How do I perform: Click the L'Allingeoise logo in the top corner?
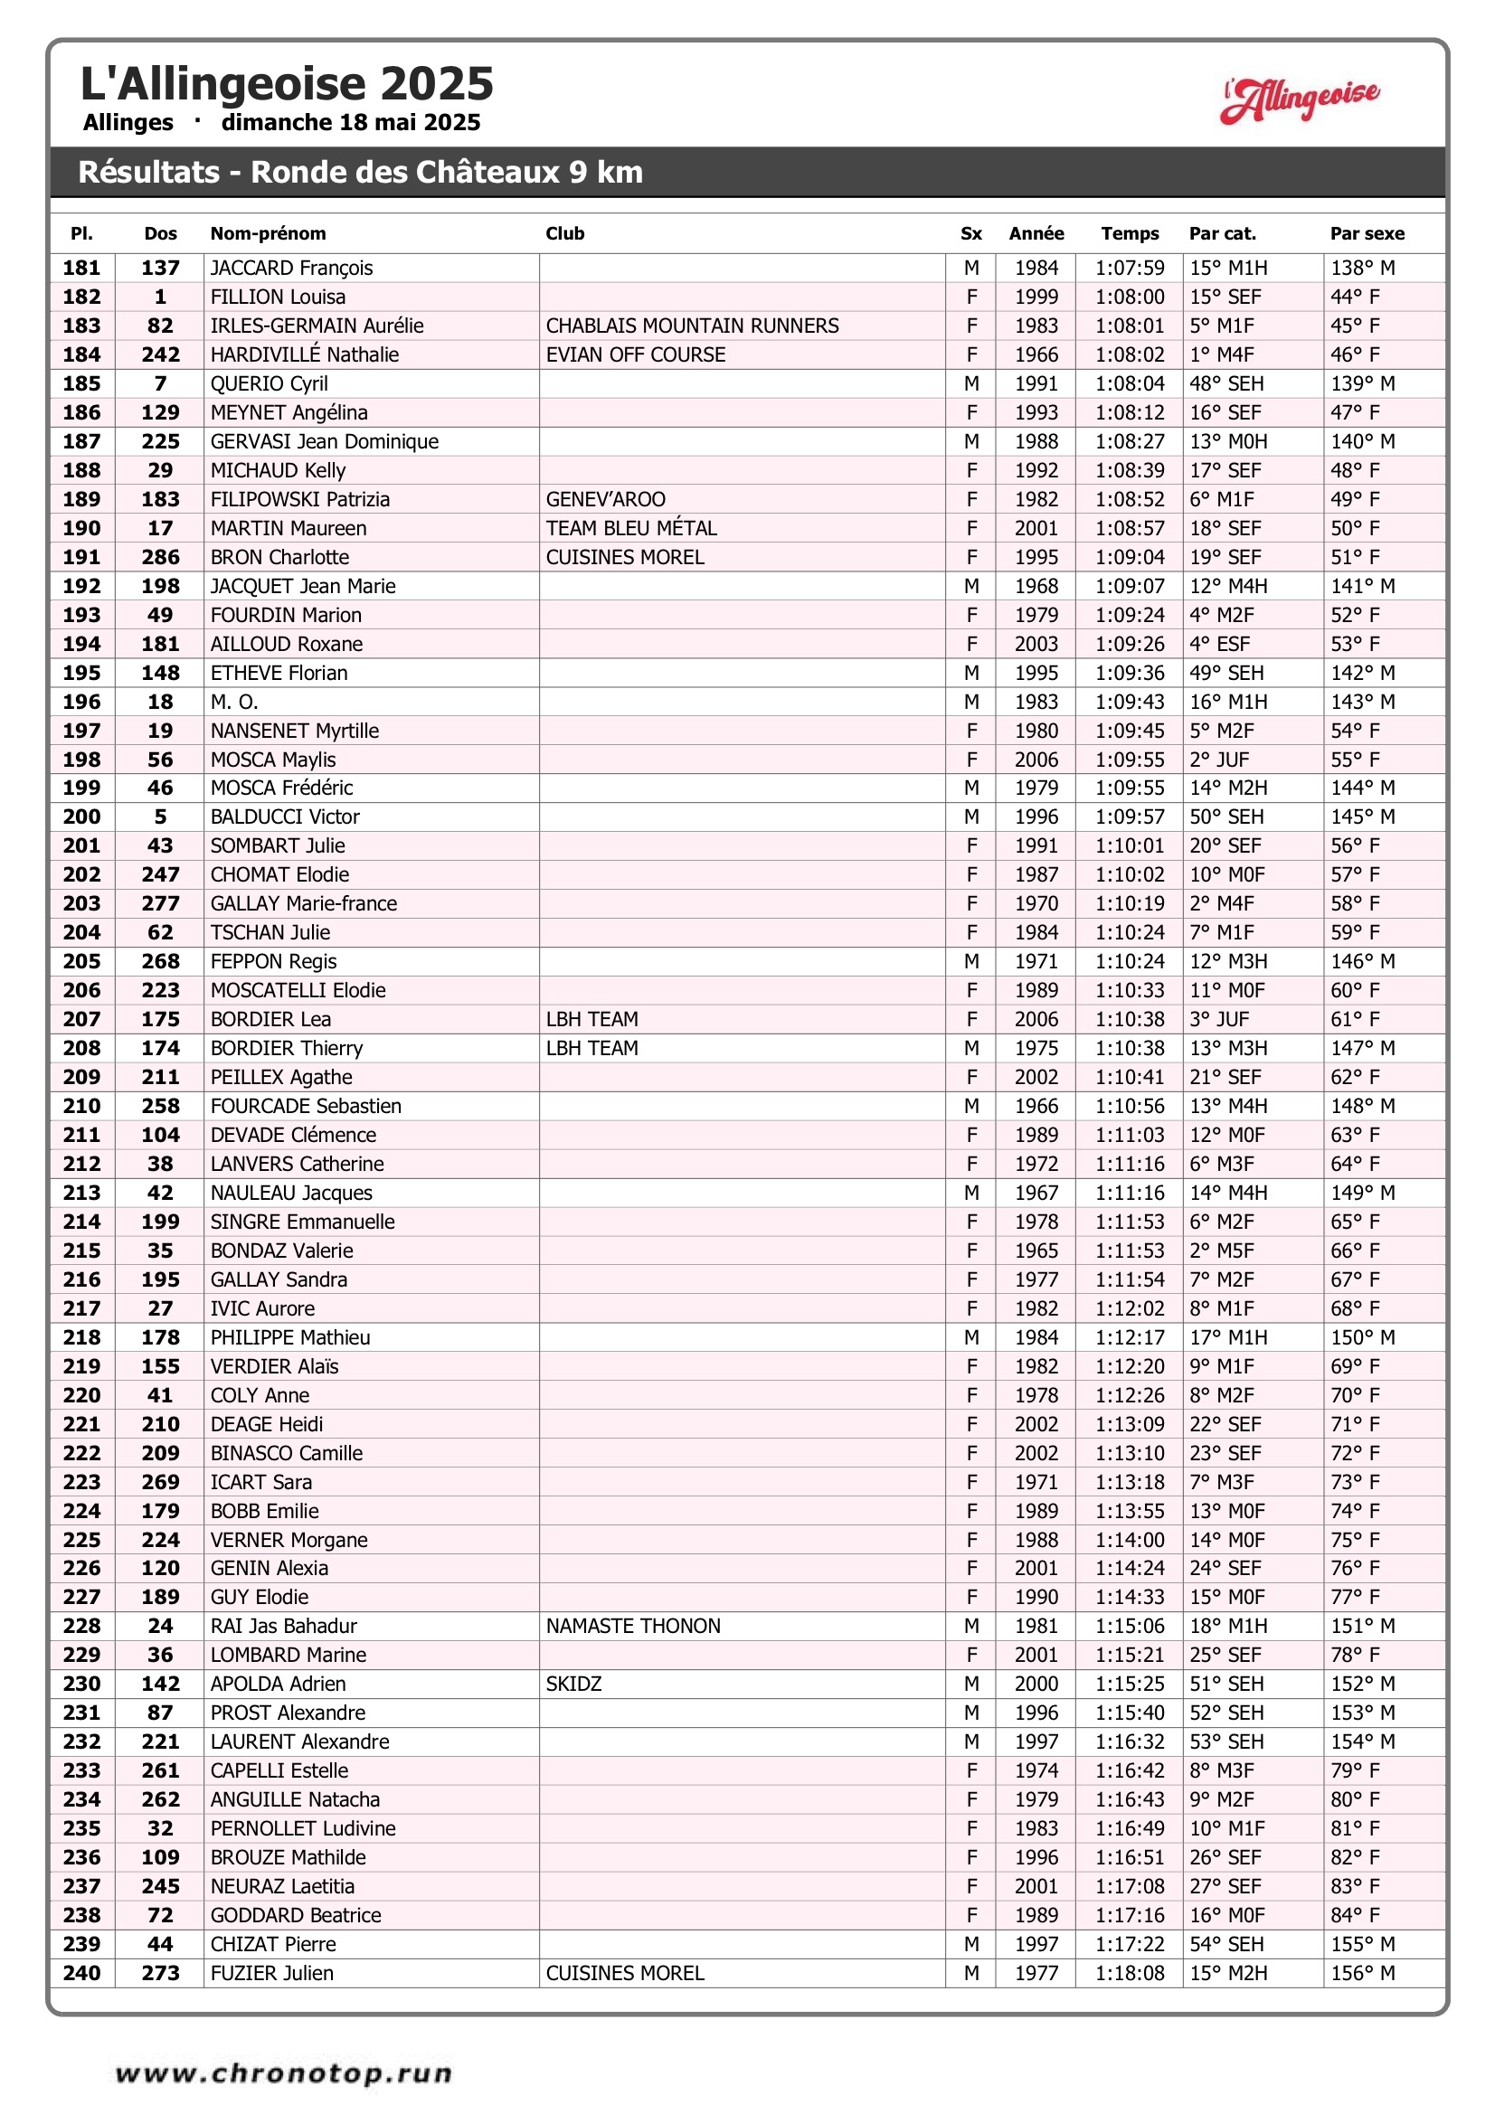click(x=1300, y=99)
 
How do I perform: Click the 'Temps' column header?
click(x=1130, y=234)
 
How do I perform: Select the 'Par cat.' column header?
click(x=1222, y=234)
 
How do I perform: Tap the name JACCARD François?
click(x=291, y=268)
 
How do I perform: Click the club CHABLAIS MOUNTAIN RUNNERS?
click(x=692, y=326)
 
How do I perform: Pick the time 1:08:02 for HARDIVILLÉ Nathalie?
click(x=1130, y=354)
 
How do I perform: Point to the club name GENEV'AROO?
click(x=605, y=499)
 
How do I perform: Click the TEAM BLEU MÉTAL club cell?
click(x=631, y=528)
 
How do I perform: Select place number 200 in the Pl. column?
click(x=82, y=816)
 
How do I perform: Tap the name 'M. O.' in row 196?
click(x=234, y=702)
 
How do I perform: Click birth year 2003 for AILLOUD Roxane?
click(x=1036, y=644)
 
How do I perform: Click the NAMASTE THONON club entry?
click(x=633, y=1626)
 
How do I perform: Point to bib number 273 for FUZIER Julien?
click(x=160, y=1973)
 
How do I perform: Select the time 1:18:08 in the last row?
click(x=1130, y=1973)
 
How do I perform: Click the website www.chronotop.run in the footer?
click(x=284, y=2073)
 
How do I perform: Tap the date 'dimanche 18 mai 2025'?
click(x=350, y=122)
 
